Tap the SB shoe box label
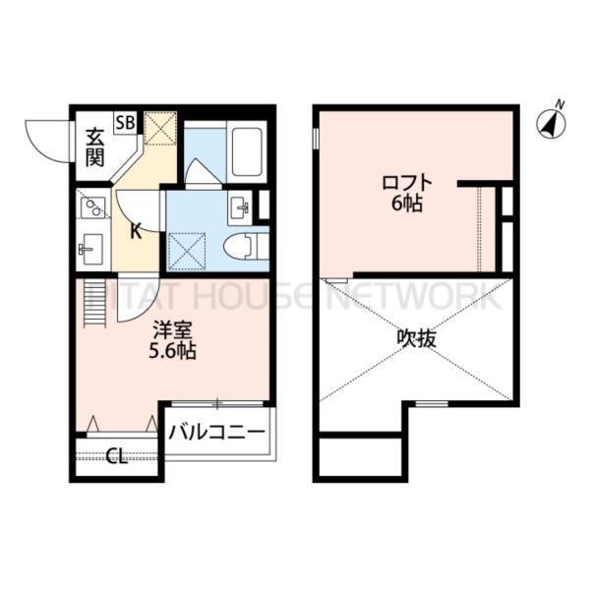coord(125,123)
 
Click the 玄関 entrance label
coord(94,147)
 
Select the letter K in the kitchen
coord(137,231)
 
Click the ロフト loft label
coord(407,182)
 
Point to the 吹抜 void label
coord(417,339)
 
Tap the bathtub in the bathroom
coord(245,151)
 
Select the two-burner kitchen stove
coord(93,207)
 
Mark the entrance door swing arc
coord(47,143)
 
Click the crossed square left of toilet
coord(188,246)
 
